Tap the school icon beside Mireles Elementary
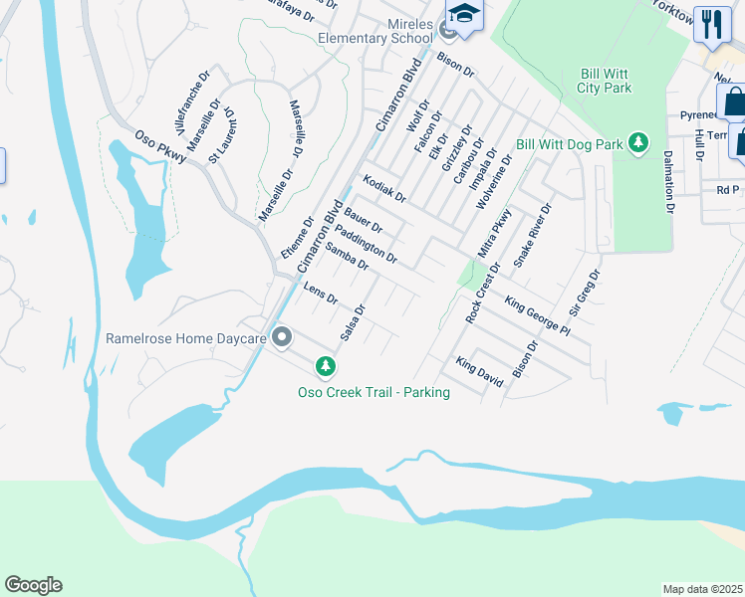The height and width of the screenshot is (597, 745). click(x=464, y=14)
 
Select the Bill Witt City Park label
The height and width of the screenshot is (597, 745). click(x=606, y=81)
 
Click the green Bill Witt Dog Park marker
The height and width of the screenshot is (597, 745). click(x=638, y=144)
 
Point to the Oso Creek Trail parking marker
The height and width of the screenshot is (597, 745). click(x=325, y=368)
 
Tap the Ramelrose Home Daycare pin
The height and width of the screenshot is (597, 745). click(x=282, y=338)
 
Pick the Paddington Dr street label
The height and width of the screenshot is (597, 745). click(x=367, y=245)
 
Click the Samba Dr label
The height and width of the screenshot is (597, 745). click(x=348, y=257)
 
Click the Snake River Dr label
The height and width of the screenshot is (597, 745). click(x=532, y=235)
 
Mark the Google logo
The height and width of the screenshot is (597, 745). click(x=32, y=585)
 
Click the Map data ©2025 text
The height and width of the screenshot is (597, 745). click(x=702, y=589)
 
